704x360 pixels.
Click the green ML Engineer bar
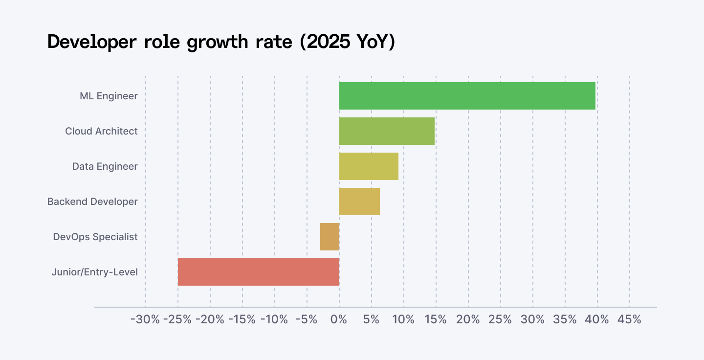[x=467, y=96]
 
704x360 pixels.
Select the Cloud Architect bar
[x=387, y=131]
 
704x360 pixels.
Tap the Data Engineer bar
[x=369, y=166]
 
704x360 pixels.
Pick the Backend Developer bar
[x=359, y=202]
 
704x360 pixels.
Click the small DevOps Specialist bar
[x=330, y=237]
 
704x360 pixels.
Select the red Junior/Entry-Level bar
[x=259, y=272]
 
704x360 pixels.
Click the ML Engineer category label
[x=109, y=96]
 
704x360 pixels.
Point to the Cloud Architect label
[x=101, y=131]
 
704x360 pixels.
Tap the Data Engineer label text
[x=105, y=166]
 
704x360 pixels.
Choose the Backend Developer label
[x=92, y=202]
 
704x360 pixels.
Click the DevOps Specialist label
[x=95, y=237]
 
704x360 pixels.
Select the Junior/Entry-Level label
[x=94, y=272]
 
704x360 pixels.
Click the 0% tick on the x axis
[x=339, y=320]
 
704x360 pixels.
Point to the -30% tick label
[x=145, y=320]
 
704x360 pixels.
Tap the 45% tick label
[x=629, y=320]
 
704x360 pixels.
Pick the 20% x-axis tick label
[x=468, y=320]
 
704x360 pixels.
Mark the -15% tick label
[x=242, y=320]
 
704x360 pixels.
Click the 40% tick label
[x=597, y=320]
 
